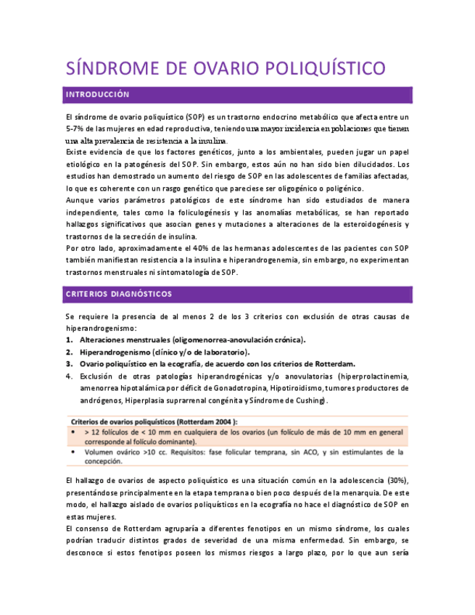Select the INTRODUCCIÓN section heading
point(97,95)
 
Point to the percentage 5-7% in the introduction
point(78,128)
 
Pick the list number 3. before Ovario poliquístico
point(70,364)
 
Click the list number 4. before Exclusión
point(70,376)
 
